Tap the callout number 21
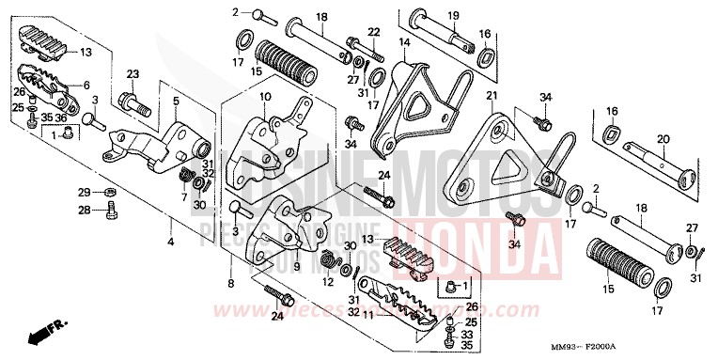491,97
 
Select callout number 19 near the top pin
452,16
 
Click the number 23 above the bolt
133,73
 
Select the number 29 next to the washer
84,192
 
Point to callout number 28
84,210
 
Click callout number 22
373,33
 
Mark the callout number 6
86,85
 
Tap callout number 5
176,99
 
